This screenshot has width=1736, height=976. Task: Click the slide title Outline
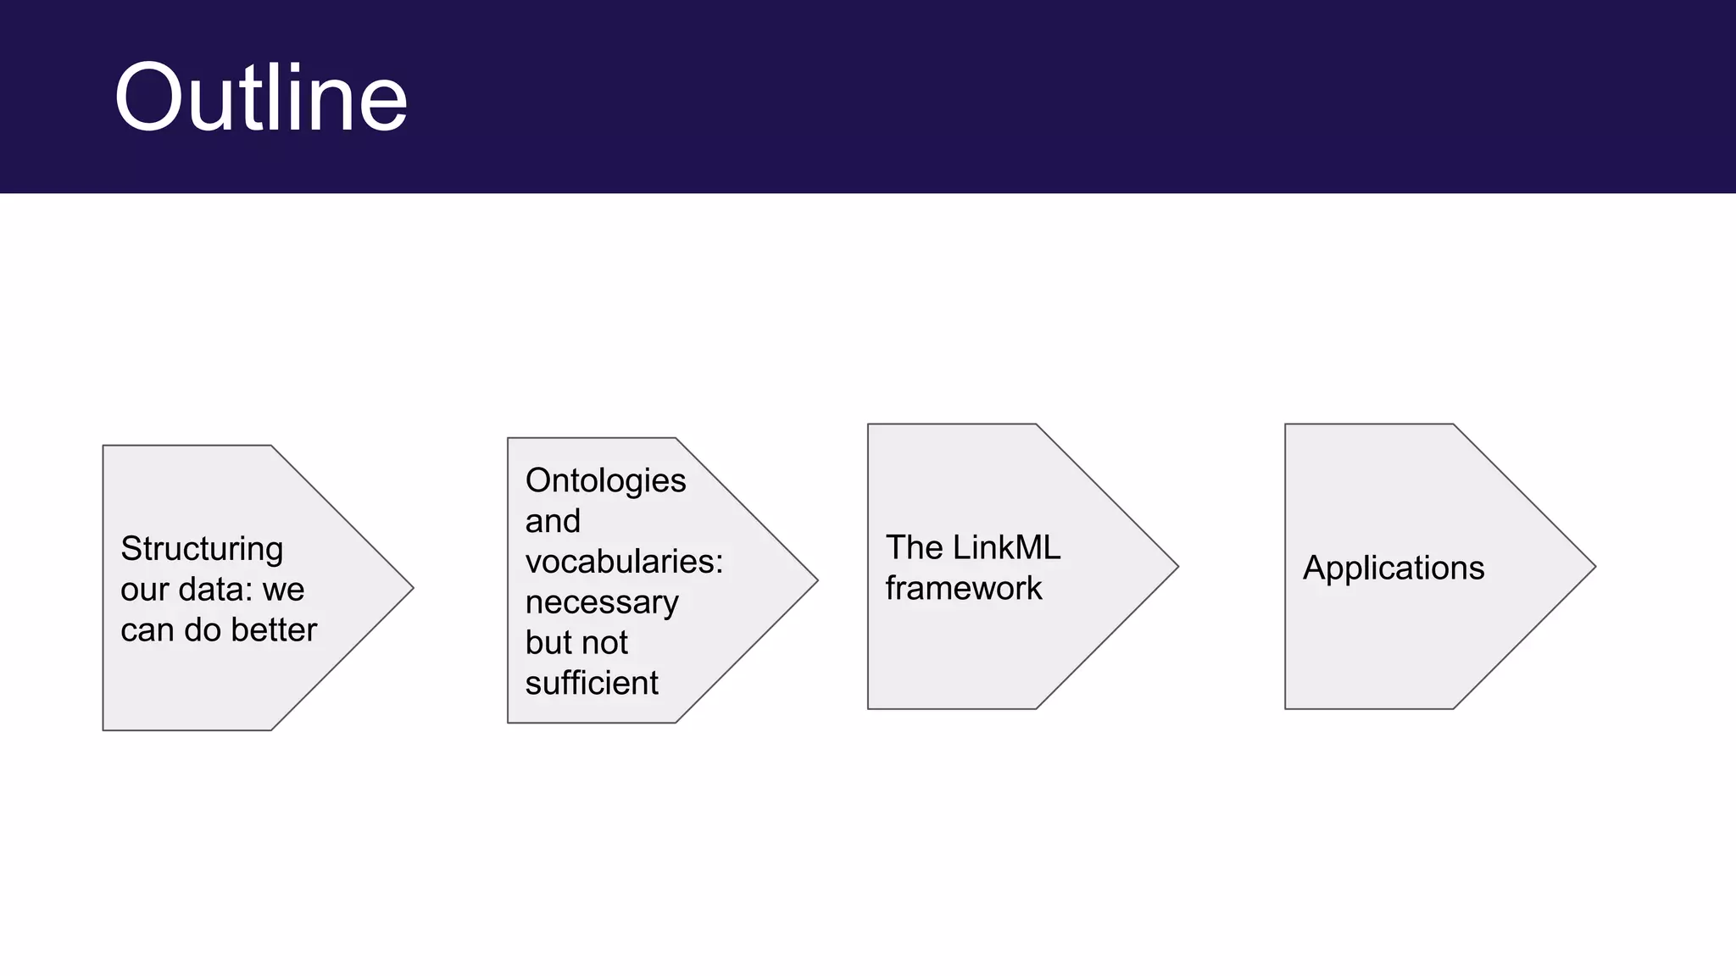[x=260, y=97]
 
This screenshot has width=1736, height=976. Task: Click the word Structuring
[x=202, y=549]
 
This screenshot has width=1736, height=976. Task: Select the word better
[x=274, y=630]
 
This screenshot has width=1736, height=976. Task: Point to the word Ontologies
[x=605, y=480]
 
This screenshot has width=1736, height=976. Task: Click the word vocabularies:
[x=624, y=562]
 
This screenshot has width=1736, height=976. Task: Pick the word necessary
[x=602, y=602]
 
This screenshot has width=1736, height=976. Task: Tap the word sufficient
[x=592, y=683]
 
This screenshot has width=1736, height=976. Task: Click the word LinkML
[x=1006, y=547]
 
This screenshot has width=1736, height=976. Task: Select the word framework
[x=964, y=588]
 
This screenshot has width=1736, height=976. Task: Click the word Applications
[x=1394, y=568]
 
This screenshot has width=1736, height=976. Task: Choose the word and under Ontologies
[x=553, y=521]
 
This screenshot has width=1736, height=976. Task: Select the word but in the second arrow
[x=547, y=643]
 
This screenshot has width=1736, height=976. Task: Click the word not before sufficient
[x=604, y=643]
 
